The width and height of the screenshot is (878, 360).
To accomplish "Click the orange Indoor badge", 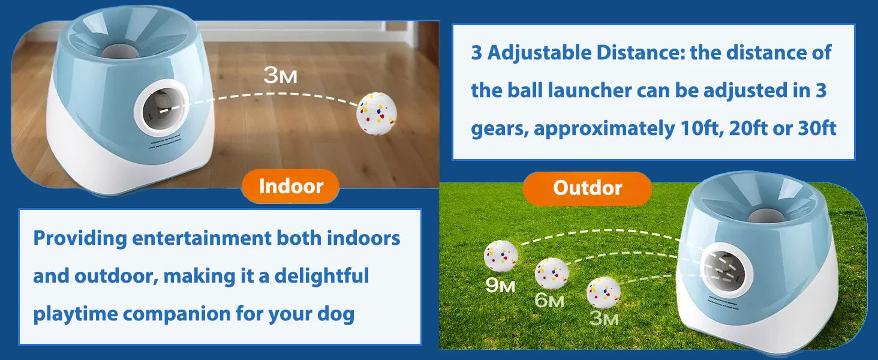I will click(291, 186).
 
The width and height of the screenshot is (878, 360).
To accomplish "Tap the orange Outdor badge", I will click(587, 188).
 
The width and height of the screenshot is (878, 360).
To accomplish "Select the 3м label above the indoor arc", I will click(280, 77).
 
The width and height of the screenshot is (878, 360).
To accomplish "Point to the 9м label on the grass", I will click(500, 286).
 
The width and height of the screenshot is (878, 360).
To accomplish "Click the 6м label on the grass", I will click(549, 300).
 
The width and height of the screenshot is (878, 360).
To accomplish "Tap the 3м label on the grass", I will click(603, 318).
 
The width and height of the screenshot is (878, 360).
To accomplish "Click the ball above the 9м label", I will click(501, 256).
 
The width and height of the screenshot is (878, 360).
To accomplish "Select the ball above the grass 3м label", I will click(603, 292).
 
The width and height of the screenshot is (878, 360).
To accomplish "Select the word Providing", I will click(80, 238).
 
